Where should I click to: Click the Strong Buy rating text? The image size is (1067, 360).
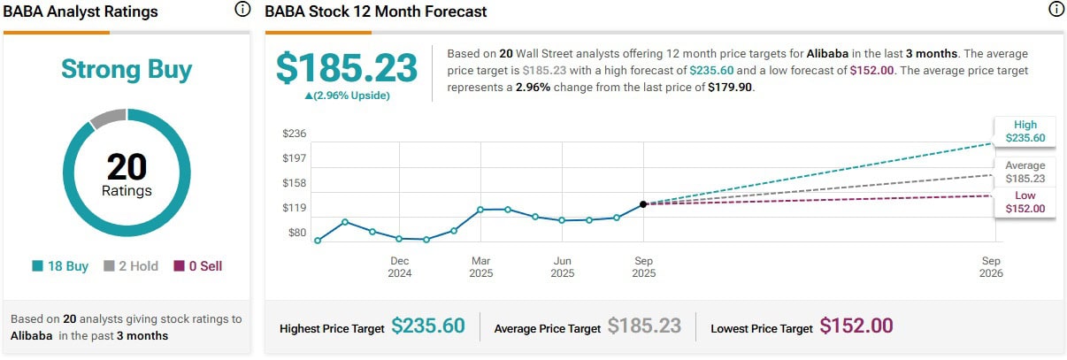coord(127,70)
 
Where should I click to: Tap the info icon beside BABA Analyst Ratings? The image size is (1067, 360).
coord(242,10)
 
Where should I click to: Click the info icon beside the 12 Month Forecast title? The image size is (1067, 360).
coord(1055,10)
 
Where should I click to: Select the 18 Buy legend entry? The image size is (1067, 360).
coord(60,265)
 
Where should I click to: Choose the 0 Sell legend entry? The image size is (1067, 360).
coord(198,265)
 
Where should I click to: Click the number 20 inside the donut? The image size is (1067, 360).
coord(127,166)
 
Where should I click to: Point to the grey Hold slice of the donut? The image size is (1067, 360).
coord(108,118)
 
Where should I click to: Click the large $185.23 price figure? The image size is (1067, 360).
coord(347,68)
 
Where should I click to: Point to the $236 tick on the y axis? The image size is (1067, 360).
coord(294,134)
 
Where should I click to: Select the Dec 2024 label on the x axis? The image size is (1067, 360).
coord(399,267)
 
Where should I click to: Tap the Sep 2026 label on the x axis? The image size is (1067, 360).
coord(991,267)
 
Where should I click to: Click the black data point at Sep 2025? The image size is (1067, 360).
coord(644,204)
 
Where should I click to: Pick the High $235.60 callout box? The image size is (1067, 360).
coord(1025,131)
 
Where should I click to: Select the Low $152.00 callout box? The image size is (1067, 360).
coord(1025,202)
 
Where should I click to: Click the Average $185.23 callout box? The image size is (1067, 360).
coord(1025,172)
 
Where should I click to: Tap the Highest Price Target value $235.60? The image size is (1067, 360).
coord(427,326)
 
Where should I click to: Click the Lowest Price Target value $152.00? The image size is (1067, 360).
coord(856,326)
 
